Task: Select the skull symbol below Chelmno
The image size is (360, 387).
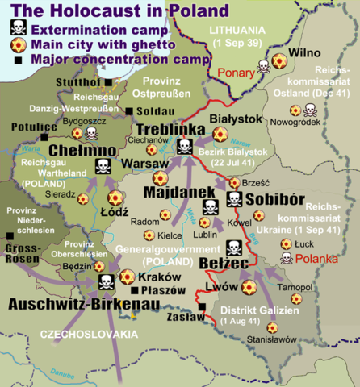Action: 103,168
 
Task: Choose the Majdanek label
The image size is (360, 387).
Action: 178,193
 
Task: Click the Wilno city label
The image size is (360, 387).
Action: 308,54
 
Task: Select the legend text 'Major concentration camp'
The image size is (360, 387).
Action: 106,60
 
